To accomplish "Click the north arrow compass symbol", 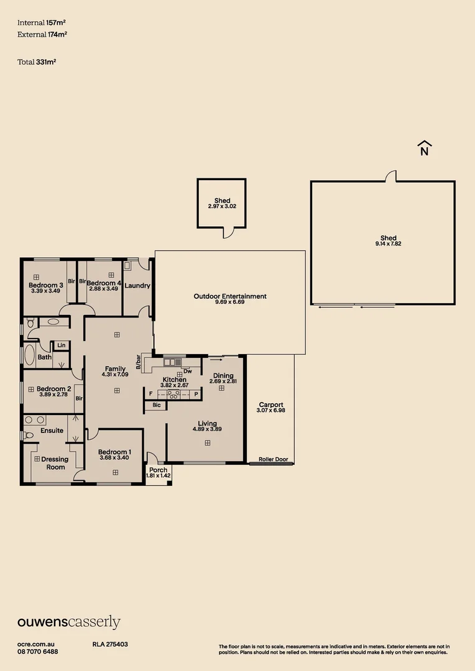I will (x=425, y=148).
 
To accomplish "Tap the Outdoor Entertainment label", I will (x=230, y=296).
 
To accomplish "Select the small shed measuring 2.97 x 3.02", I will (x=222, y=203).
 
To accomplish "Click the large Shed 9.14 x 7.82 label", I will (x=389, y=241).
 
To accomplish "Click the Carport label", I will (x=271, y=405).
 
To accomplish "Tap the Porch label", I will (x=158, y=470).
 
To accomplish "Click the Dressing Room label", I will (x=55, y=463).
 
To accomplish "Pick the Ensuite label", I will (x=52, y=431).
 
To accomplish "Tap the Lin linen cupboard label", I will (x=61, y=345).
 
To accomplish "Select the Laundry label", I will (x=137, y=286).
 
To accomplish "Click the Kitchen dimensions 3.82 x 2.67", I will (x=174, y=386).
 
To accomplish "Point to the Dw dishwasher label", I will (x=187, y=371).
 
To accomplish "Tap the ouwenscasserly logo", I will (x=68, y=623).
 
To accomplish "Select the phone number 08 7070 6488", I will (x=38, y=651).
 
